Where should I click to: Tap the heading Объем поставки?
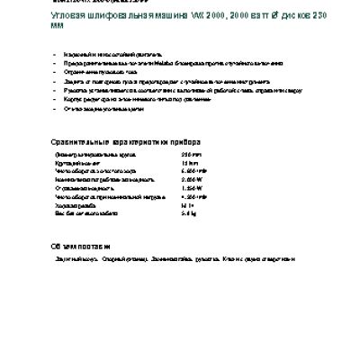click(x=80, y=245)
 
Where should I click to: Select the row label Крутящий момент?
click(x=82, y=163)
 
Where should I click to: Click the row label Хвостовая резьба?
click(x=83, y=205)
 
